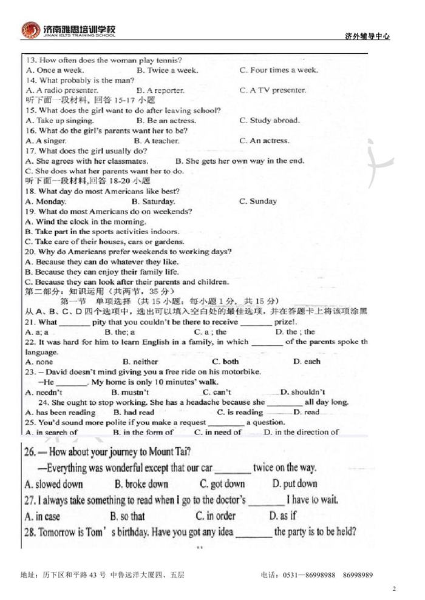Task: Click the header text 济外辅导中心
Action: click(x=367, y=36)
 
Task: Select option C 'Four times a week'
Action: click(x=279, y=70)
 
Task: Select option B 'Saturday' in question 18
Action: click(x=153, y=201)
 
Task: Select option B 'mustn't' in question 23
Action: click(x=128, y=392)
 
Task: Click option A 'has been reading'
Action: click(x=60, y=412)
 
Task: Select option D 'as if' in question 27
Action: click(x=283, y=516)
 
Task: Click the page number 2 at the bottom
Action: click(x=394, y=588)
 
